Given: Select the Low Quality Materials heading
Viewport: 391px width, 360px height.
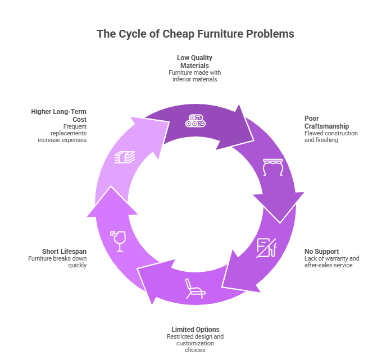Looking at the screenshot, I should click(194, 61).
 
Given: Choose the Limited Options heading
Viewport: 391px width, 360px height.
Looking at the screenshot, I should click(195, 329).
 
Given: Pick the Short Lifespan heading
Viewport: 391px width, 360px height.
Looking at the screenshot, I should click(65, 251).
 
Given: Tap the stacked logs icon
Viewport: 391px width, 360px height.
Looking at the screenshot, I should click(195, 121).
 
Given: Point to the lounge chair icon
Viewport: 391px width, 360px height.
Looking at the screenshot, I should click(194, 289).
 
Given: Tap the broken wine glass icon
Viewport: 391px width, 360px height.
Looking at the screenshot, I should click(118, 240).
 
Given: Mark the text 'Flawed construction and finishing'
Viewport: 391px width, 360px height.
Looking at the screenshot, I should click(331, 136).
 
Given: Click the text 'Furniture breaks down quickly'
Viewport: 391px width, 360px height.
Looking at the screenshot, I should click(58, 262).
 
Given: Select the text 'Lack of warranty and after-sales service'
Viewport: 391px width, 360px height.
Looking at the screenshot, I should click(331, 262).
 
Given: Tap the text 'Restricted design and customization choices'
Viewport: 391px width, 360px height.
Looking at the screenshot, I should click(195, 343).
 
